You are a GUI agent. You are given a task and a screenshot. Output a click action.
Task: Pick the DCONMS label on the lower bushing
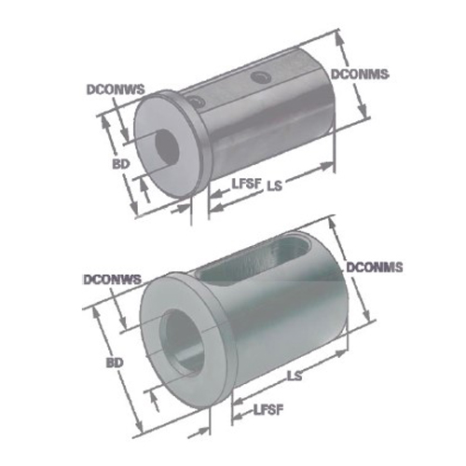click(374, 267)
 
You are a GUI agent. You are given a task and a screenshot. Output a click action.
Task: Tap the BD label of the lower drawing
click(116, 362)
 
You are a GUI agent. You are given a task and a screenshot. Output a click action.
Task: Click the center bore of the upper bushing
click(167, 144)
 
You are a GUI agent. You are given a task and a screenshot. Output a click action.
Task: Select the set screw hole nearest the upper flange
click(194, 102)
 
